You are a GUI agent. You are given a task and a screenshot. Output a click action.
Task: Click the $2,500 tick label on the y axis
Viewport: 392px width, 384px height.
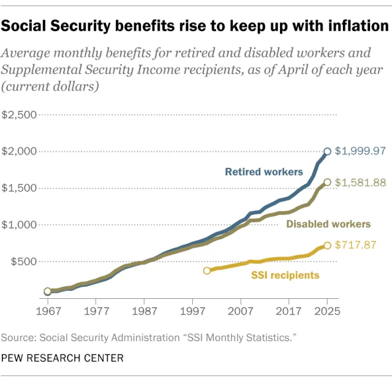20,115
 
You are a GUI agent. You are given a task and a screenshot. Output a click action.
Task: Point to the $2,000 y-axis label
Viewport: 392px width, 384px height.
20,151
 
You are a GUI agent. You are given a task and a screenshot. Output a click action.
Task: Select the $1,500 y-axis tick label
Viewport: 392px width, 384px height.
20,188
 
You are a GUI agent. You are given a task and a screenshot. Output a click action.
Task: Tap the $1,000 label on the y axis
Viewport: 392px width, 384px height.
20,225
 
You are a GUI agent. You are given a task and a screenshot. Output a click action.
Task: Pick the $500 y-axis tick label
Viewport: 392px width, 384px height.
23,262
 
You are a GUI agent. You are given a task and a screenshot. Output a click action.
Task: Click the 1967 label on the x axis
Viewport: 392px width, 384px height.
47,311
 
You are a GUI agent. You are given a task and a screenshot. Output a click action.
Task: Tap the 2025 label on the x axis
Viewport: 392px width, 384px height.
328,311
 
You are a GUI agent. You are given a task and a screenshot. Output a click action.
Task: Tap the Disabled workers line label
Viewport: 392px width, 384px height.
328,224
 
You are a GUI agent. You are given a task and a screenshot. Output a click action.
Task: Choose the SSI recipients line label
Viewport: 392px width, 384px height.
285,275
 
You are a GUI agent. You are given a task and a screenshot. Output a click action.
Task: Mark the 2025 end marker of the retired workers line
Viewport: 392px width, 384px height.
328,151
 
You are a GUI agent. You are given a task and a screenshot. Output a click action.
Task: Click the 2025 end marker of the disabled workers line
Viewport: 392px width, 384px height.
328,182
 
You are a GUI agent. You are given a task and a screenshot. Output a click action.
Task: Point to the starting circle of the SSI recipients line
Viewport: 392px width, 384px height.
207,270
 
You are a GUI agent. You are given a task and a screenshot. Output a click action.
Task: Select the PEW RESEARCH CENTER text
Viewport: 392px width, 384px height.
62,358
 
